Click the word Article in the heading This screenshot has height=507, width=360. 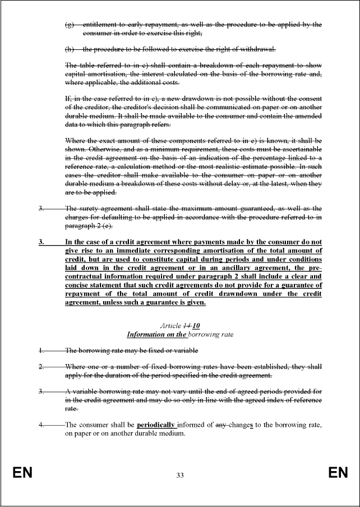[170, 326]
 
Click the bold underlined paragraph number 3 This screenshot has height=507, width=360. [41, 242]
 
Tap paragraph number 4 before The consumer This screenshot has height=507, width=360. [41, 425]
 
